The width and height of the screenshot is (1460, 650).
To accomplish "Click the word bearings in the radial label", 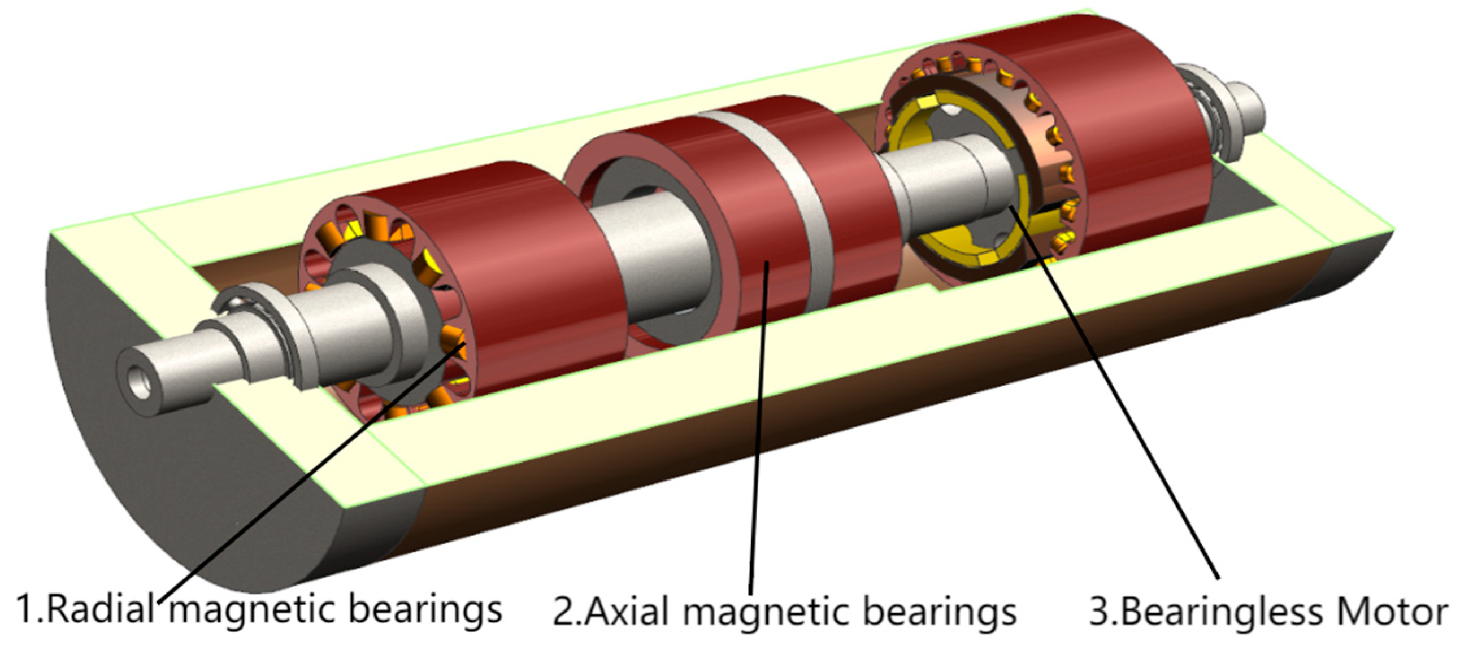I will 425,610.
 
